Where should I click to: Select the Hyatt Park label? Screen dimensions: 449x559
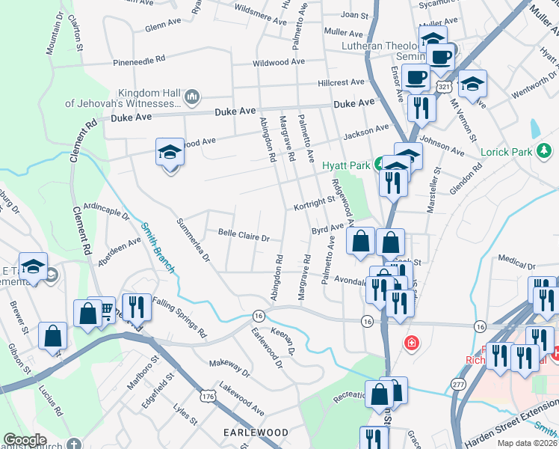click(347, 165)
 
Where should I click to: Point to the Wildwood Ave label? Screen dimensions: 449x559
click(279, 62)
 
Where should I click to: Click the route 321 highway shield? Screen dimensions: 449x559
click(444, 88)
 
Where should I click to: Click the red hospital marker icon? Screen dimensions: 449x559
click(410, 344)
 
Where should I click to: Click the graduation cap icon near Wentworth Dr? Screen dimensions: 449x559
click(472, 84)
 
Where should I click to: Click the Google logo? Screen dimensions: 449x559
click(25, 440)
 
